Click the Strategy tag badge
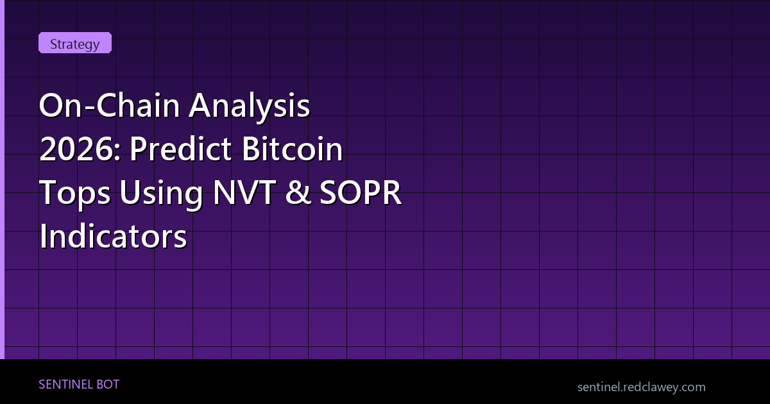[75, 44]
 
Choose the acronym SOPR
[365, 193]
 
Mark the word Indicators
[113, 237]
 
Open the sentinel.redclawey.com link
[641, 387]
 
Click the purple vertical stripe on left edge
[2, 180]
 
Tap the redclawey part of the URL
[648, 387]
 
